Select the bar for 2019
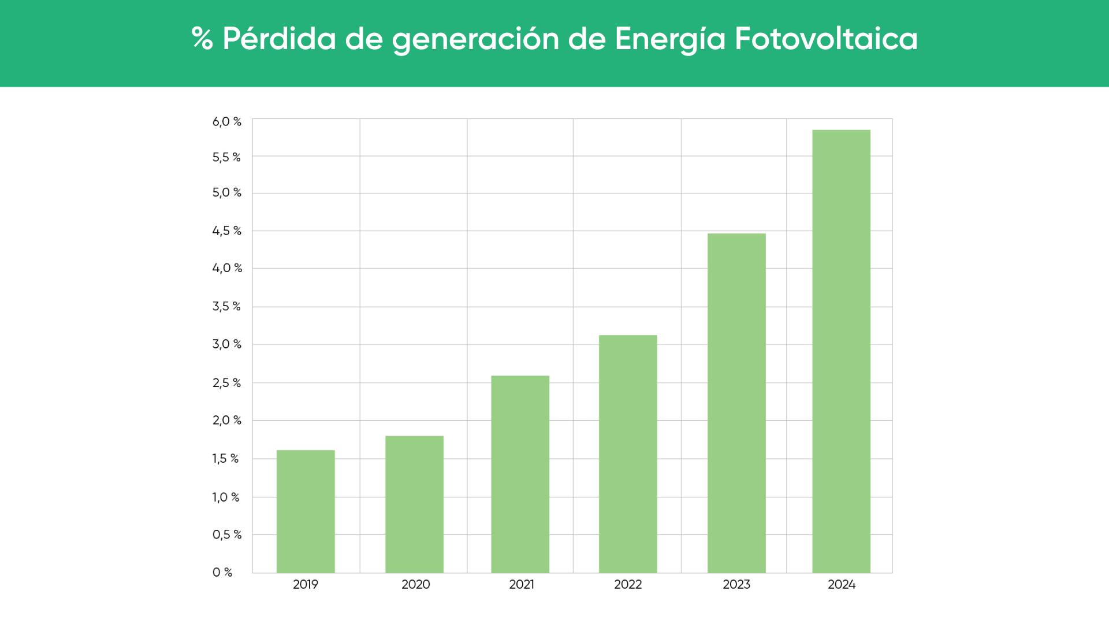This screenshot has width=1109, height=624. [x=306, y=511]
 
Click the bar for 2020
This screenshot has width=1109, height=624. [x=414, y=504]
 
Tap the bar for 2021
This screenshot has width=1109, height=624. [x=520, y=474]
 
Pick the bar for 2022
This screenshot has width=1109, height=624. [x=628, y=454]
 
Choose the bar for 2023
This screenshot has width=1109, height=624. [x=736, y=403]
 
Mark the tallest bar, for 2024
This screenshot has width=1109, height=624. [x=841, y=351]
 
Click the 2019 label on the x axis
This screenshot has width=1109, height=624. [x=306, y=584]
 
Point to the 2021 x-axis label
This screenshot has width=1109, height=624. [x=522, y=584]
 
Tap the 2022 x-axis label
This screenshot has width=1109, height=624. [x=628, y=584]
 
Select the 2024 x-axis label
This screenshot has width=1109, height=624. [x=842, y=584]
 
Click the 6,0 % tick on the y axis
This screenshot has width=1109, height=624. [x=227, y=122]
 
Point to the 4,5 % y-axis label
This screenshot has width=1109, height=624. [x=227, y=231]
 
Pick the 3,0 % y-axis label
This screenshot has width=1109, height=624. [x=227, y=344]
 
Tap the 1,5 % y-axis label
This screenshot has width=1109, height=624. [x=225, y=459]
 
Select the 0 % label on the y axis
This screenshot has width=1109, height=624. [x=222, y=573]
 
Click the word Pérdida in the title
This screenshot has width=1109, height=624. [x=279, y=39]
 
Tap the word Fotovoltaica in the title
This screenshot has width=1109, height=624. [x=826, y=39]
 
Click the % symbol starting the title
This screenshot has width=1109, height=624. [x=202, y=39]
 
